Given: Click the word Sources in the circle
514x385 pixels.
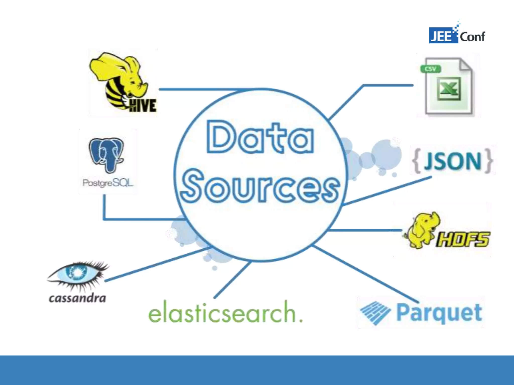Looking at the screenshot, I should [x=260, y=187].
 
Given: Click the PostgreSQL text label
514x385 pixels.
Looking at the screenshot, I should [x=108, y=183].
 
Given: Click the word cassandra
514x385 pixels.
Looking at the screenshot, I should [x=77, y=298].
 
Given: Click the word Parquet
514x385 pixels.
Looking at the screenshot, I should [x=439, y=312].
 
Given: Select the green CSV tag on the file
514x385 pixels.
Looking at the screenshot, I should [x=431, y=69].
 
